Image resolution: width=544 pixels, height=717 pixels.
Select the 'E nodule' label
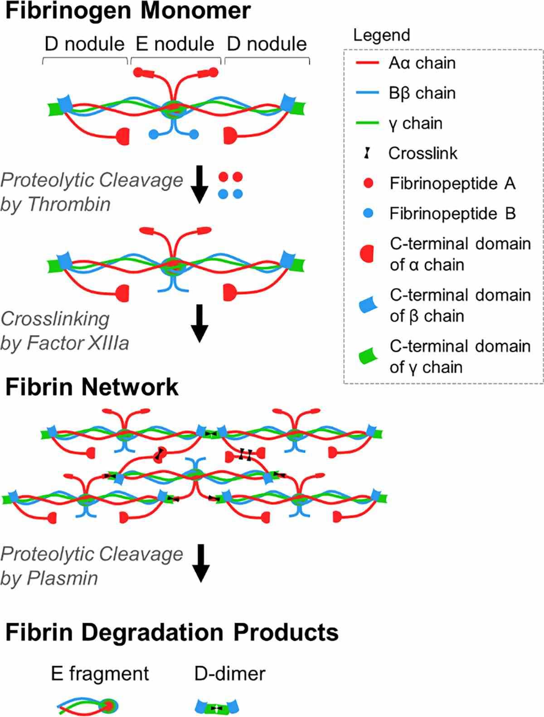(175, 44)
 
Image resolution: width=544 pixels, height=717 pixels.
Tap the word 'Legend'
(381, 35)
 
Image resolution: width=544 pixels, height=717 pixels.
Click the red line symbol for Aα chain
(367, 63)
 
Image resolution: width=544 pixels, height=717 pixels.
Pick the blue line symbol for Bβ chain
(367, 93)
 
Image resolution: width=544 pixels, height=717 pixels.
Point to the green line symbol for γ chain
(367, 123)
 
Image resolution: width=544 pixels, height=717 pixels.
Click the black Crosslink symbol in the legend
(368, 153)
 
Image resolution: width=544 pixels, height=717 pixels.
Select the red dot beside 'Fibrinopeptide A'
(368, 183)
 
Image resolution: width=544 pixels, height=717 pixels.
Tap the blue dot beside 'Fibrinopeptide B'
(368, 213)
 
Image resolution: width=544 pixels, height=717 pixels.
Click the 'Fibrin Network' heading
(92, 387)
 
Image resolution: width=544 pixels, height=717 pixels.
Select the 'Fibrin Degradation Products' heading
(172, 632)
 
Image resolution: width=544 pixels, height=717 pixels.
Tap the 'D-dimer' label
(230, 674)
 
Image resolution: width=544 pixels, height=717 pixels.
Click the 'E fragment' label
(100, 674)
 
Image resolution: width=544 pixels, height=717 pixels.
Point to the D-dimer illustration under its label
(217, 707)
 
